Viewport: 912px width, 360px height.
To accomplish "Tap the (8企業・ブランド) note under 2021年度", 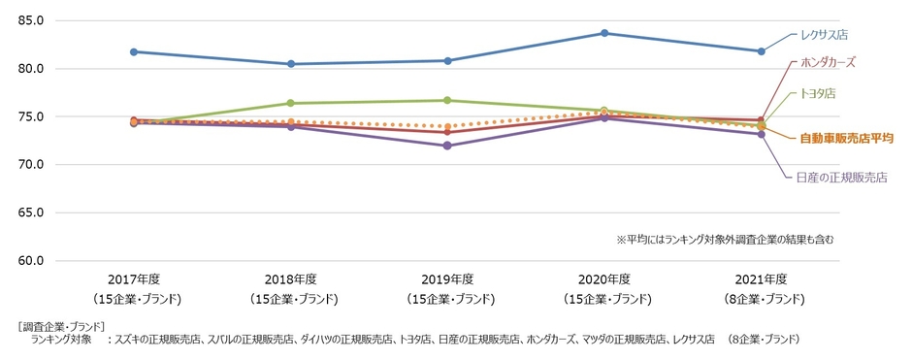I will (761, 298).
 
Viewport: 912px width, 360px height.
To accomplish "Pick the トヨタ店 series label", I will (817, 94).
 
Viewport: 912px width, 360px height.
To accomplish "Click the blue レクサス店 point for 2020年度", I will (604, 33).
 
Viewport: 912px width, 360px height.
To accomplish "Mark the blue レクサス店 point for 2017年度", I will (134, 51).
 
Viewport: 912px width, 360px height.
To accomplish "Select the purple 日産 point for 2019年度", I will (447, 146).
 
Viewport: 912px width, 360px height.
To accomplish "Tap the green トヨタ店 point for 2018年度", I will (290, 103).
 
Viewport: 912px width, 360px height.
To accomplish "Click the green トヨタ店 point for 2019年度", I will (447, 100).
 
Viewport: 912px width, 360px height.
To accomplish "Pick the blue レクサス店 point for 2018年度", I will (290, 64).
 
